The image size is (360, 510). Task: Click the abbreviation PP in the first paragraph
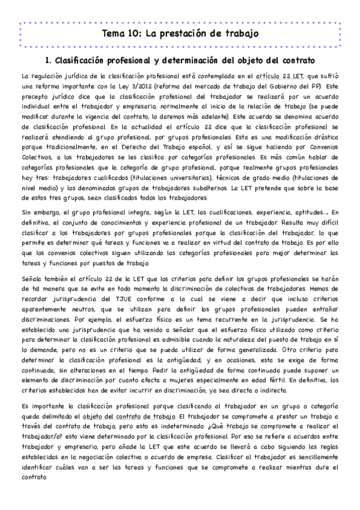(317, 85)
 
